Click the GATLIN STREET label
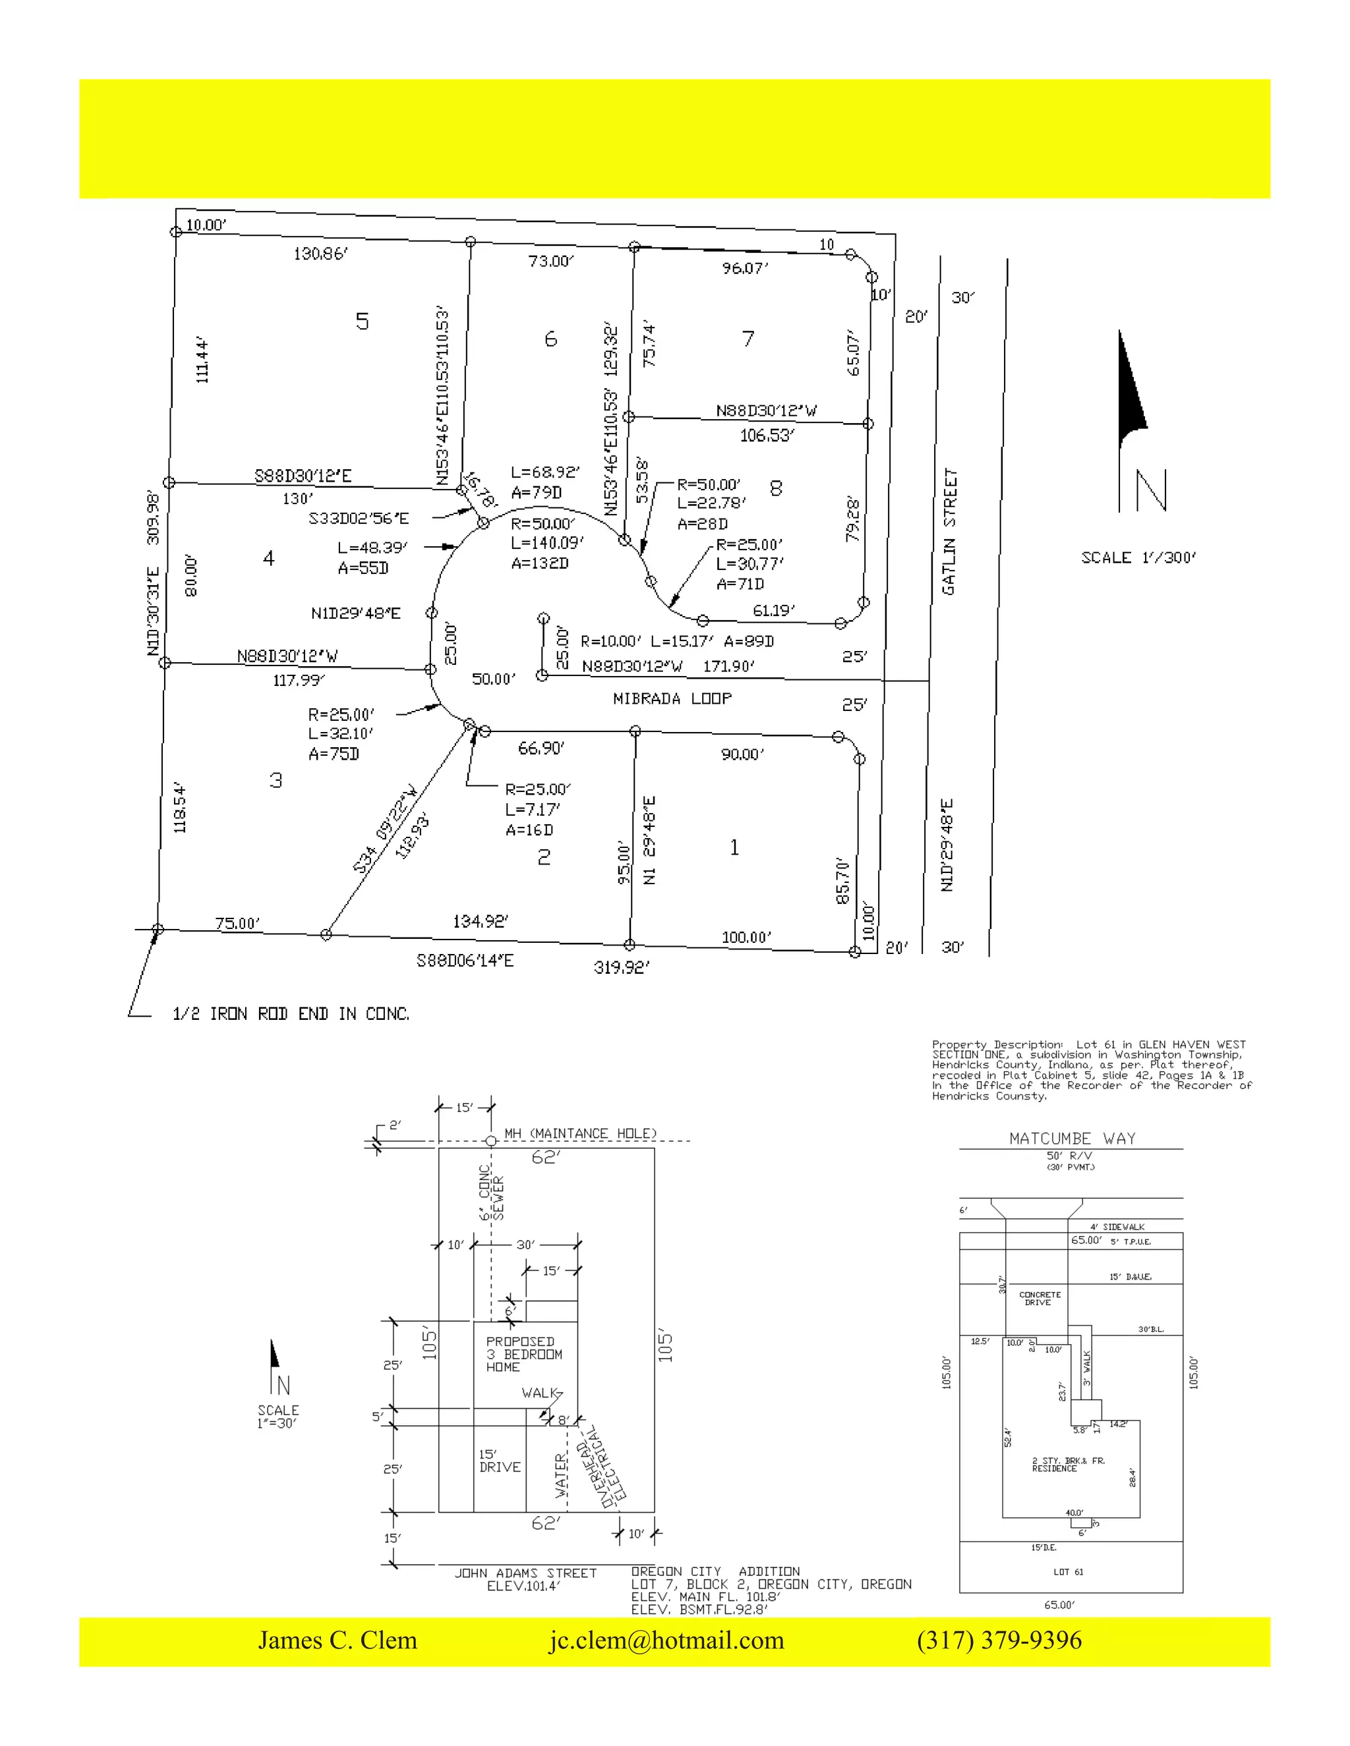pyautogui.click(x=949, y=532)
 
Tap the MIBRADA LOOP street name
pyautogui.click(x=672, y=698)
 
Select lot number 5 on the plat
pyautogui.click(x=363, y=322)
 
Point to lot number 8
pyautogui.click(x=776, y=488)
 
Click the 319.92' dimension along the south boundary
pyautogui.click(x=622, y=967)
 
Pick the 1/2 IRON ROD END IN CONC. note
pyautogui.click(x=291, y=1014)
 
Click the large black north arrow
pyautogui.click(x=1131, y=392)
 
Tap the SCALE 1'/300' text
pyautogui.click(x=1138, y=558)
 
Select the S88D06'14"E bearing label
pyautogui.click(x=465, y=960)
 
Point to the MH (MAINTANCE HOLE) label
pyautogui.click(x=580, y=1134)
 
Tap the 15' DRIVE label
pyautogui.click(x=500, y=1461)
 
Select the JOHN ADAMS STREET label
pyautogui.click(x=525, y=1573)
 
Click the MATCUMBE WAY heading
pyautogui.click(x=1072, y=1139)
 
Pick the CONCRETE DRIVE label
pyautogui.click(x=1040, y=1299)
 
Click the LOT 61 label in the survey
pyautogui.click(x=1068, y=1571)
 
